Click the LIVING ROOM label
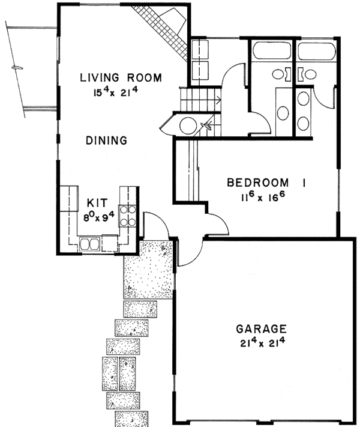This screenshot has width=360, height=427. (121, 78)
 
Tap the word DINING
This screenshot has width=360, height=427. (107, 141)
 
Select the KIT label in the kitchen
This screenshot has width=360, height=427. (97, 203)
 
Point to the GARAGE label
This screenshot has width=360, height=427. (261, 329)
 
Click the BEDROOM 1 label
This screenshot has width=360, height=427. (266, 183)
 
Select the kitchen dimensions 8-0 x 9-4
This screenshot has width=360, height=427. (99, 216)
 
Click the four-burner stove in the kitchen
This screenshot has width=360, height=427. (128, 216)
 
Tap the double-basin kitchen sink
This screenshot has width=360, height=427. (89, 244)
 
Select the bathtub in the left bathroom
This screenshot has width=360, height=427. (271, 50)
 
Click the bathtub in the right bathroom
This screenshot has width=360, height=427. (316, 51)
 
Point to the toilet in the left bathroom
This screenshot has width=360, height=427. (281, 74)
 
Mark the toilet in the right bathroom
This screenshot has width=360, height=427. (307, 74)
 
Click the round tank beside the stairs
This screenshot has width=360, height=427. (188, 126)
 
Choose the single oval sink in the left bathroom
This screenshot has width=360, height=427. (283, 114)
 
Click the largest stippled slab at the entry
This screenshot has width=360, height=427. (148, 269)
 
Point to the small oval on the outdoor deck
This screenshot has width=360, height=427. (17, 68)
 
